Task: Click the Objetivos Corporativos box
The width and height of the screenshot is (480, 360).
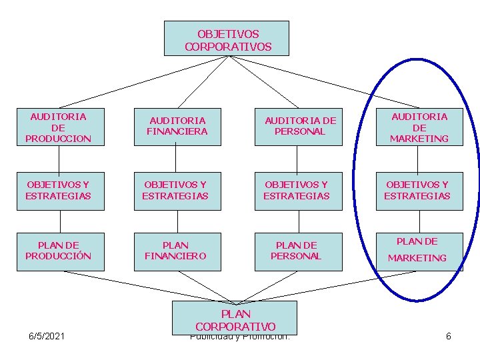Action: [227, 38]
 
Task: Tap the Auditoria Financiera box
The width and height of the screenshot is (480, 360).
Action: [177, 126]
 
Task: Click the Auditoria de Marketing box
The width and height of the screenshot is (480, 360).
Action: [419, 127]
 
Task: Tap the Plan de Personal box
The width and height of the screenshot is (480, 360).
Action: [299, 251]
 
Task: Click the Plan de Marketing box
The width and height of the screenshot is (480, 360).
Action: [419, 251]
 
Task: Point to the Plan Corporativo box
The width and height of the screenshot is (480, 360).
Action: [234, 318]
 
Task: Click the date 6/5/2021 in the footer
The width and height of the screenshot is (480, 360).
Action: [47, 336]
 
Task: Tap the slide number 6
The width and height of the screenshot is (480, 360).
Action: [449, 336]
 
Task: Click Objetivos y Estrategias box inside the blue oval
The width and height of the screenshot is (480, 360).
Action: [419, 191]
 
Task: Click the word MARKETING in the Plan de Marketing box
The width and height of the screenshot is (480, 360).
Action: [417, 258]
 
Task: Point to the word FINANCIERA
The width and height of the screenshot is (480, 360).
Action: [177, 131]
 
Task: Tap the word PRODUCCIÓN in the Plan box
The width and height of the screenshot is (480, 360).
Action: [59, 256]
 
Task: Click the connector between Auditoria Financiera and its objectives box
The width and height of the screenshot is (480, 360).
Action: [176, 159]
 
